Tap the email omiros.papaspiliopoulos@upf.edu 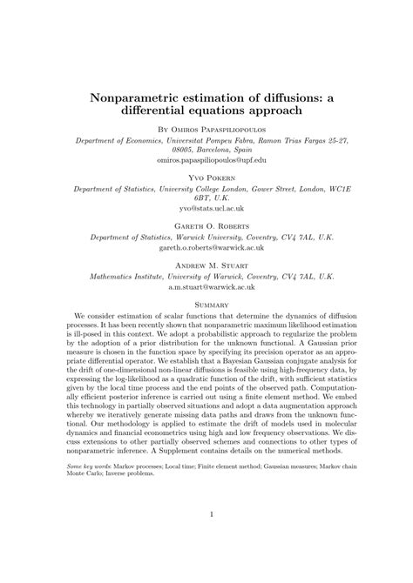[206, 161]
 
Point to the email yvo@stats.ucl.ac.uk [206, 209]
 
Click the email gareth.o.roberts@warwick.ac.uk [206, 247]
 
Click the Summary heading [206, 305]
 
